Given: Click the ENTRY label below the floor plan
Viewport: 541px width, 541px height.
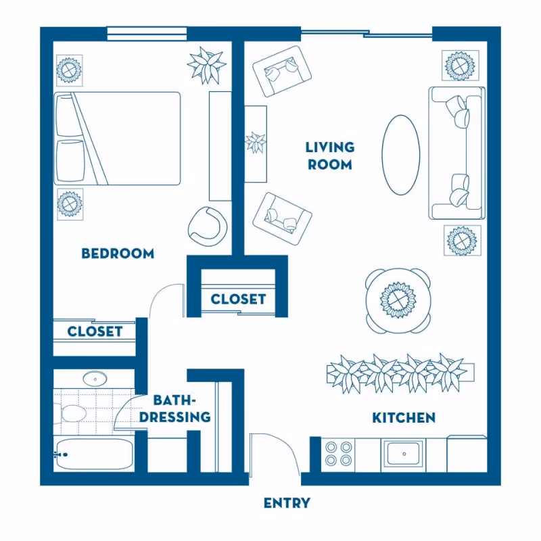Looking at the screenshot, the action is [287, 503].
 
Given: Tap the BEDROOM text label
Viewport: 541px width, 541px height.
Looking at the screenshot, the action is [118, 254].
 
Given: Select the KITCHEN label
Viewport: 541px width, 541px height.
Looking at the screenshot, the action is [404, 418].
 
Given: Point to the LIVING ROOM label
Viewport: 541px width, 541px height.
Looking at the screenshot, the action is [330, 156].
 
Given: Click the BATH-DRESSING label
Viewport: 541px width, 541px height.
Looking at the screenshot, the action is [175, 408].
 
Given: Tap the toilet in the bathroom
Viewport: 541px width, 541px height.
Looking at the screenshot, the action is [71, 413].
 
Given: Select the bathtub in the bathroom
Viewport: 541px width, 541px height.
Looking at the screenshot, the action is [93, 454].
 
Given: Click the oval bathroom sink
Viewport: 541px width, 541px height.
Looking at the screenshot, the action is [95, 379].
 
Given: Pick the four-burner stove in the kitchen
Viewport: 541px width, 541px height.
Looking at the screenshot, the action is [338, 454].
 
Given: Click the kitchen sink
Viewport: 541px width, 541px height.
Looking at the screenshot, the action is [403, 453].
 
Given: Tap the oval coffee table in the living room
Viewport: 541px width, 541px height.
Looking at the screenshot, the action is [401, 155].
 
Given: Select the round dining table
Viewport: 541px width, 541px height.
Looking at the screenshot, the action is [398, 300].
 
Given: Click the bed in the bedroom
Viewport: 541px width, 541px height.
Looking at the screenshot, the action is [117, 139].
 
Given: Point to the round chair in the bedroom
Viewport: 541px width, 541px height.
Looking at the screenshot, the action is [208, 227].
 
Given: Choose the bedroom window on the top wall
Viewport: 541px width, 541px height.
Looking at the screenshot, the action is [147, 33].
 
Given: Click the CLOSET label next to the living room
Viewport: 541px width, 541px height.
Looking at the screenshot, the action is [238, 299].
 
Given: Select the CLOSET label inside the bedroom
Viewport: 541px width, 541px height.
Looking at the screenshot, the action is [95, 331].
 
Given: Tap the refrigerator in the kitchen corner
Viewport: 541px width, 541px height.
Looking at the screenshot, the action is [467, 454].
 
